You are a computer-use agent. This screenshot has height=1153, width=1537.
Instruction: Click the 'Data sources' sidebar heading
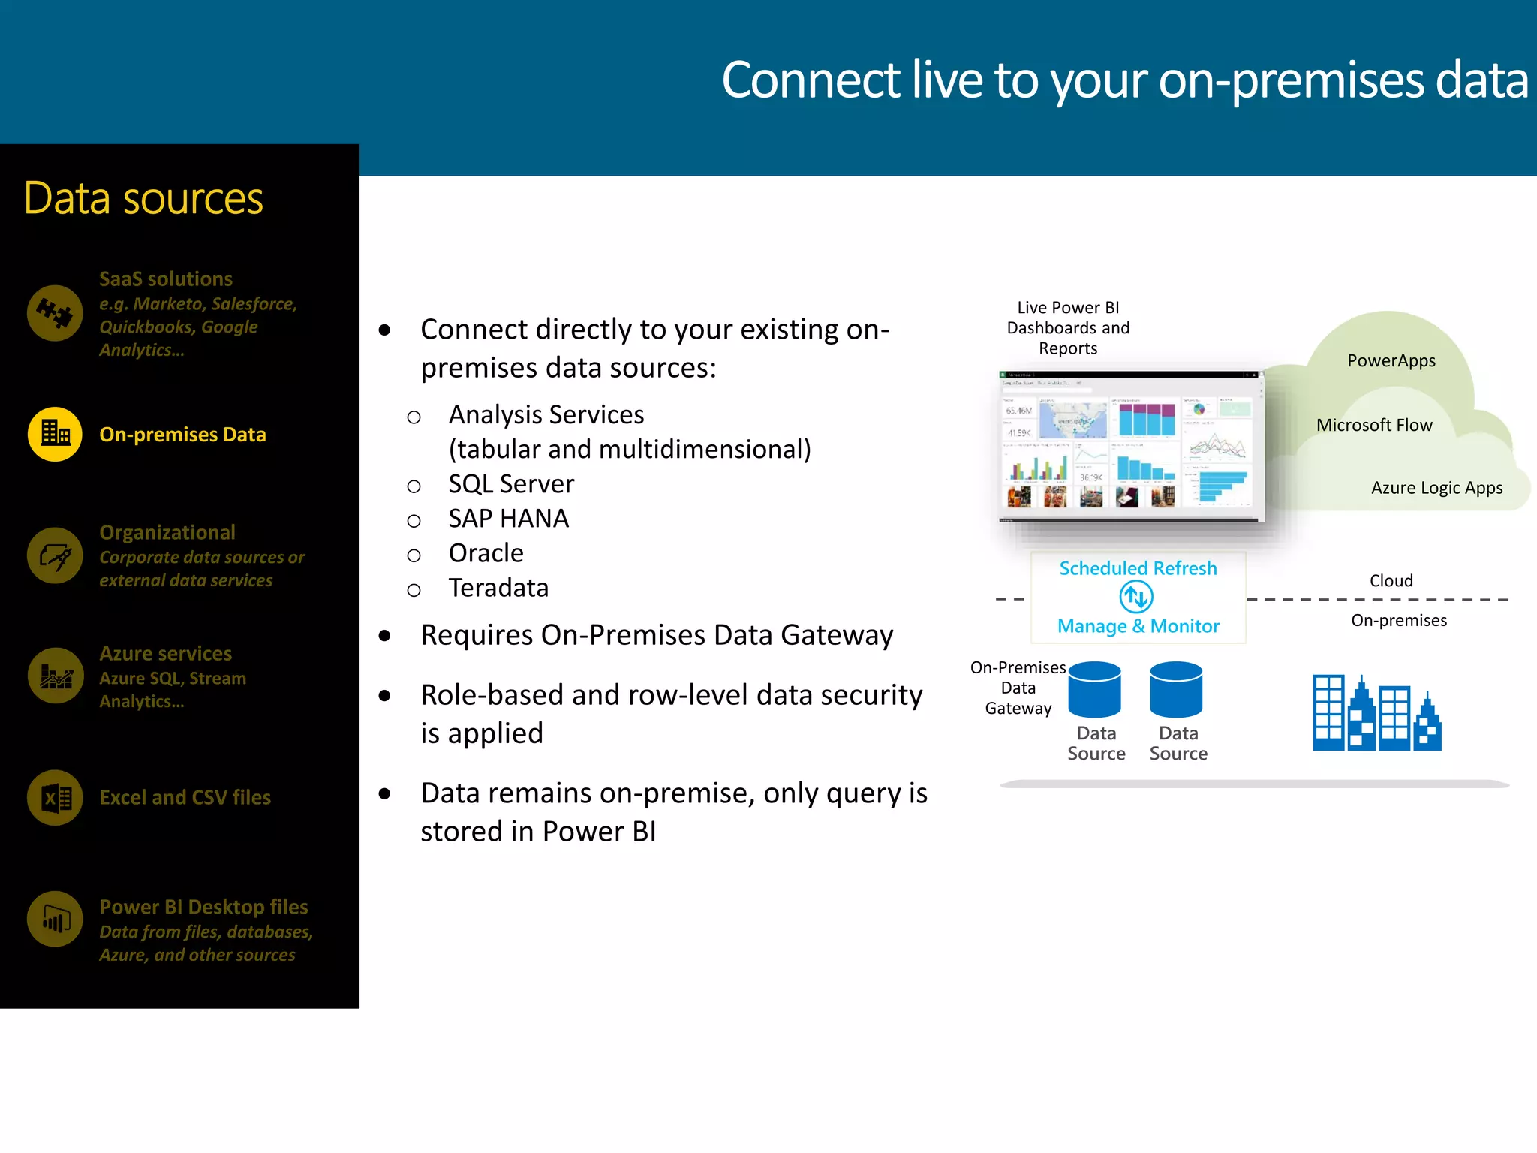click(143, 199)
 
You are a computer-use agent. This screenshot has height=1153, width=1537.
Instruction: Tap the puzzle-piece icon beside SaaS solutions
click(55, 313)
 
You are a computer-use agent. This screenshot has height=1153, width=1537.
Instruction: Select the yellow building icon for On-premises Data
click(55, 434)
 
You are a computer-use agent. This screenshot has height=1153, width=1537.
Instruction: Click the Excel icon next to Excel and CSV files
click(55, 797)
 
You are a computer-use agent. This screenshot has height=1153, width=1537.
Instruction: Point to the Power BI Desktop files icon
click(55, 919)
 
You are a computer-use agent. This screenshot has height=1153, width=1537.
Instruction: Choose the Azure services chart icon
click(55, 676)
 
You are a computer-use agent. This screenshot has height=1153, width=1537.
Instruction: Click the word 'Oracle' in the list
click(486, 553)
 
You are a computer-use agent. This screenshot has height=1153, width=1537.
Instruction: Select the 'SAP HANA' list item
click(508, 519)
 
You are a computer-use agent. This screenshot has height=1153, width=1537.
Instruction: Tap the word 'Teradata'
click(498, 588)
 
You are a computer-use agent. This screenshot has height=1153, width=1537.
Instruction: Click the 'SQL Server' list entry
click(511, 484)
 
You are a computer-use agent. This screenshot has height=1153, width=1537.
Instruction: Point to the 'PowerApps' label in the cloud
click(1391, 361)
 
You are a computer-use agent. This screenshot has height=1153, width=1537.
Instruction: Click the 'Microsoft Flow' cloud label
click(1373, 426)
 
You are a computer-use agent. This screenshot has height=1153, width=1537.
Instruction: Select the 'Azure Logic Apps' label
click(1436, 488)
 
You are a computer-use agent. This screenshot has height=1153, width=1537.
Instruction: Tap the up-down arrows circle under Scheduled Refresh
click(1136, 598)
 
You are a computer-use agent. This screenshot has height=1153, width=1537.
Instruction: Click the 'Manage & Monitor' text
click(1138, 626)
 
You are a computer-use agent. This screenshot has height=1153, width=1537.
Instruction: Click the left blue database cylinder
click(1094, 689)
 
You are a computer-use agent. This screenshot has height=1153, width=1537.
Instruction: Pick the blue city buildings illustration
click(1376, 713)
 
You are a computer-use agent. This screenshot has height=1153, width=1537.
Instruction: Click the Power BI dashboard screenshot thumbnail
click(1132, 446)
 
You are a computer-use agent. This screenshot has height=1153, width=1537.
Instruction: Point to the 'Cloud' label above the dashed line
click(1391, 581)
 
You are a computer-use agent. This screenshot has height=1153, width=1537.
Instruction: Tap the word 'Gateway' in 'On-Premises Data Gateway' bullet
click(837, 636)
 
